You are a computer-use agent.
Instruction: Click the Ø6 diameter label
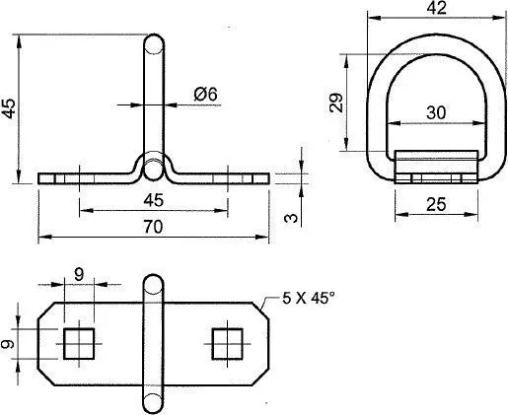pyautogui.click(x=205, y=95)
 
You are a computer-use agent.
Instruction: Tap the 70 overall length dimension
pyautogui.click(x=153, y=227)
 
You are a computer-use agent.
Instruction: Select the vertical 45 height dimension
pyautogui.click(x=9, y=108)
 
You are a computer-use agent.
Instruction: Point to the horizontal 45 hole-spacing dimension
pyautogui.click(x=154, y=200)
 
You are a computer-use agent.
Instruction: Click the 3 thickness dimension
pyautogui.click(x=291, y=218)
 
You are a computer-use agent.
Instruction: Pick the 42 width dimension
pyautogui.click(x=437, y=8)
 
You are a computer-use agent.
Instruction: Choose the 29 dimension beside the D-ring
pyautogui.click(x=336, y=103)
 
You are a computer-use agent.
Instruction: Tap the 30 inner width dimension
pyautogui.click(x=436, y=112)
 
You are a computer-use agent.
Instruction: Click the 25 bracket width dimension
pyautogui.click(x=436, y=204)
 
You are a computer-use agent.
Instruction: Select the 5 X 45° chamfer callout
pyautogui.click(x=309, y=299)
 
